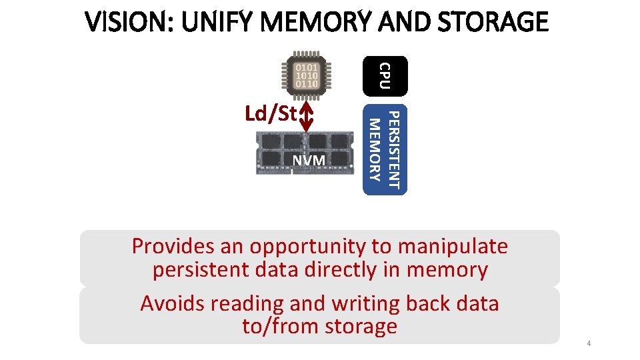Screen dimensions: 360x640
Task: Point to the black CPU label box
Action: point(384,75)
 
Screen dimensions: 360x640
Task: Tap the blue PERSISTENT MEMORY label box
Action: point(385,149)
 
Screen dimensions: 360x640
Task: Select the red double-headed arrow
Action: point(307,117)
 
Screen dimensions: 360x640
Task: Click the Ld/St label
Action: point(270,114)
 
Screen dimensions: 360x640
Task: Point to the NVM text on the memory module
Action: point(308,161)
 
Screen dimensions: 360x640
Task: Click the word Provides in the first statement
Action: point(173,247)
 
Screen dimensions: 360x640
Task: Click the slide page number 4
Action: point(589,343)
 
